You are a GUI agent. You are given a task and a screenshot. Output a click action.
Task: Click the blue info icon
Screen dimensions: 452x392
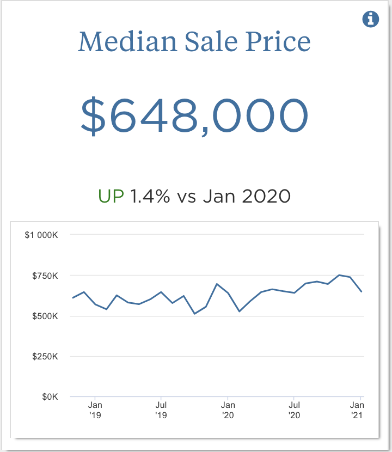[371, 20]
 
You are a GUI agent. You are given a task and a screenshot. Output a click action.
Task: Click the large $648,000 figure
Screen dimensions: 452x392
[195, 115]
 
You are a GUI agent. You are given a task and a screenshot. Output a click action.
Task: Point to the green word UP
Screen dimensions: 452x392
[112, 196]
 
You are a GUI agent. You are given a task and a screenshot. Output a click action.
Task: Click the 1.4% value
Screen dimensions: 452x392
[150, 196]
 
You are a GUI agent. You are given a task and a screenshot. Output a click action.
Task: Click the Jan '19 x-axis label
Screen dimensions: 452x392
[95, 410]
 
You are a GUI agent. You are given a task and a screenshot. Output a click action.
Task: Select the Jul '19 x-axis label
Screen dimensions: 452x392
[161, 410]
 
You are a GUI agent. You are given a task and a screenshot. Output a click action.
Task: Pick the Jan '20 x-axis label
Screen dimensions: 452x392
[228, 410]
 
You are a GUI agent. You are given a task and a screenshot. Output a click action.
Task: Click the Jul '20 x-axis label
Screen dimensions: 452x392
[294, 410]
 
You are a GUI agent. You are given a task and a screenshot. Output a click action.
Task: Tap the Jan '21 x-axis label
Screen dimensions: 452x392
[357, 410]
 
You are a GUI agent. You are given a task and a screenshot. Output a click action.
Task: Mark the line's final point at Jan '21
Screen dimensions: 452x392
[362, 292]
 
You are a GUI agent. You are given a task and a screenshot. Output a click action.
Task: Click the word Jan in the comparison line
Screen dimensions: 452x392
[219, 196]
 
